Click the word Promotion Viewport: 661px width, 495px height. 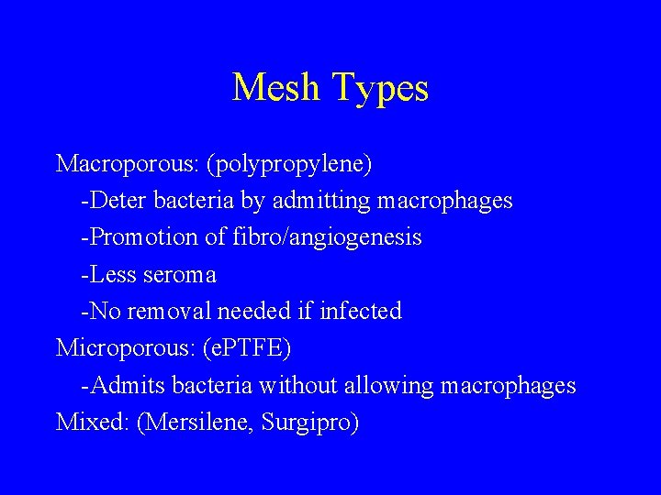(x=139, y=237)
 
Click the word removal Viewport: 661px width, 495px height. (x=170, y=312)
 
